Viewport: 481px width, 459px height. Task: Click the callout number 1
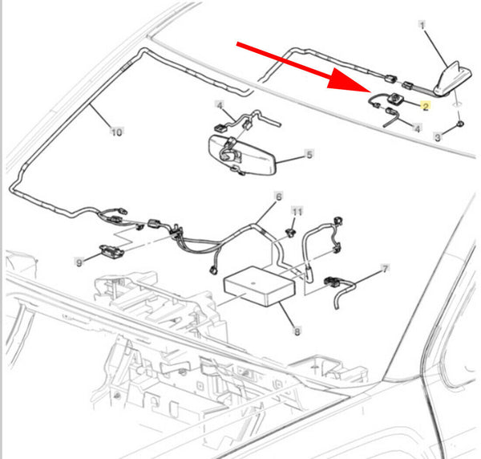tap(422, 25)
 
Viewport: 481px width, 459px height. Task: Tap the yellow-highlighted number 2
tap(426, 106)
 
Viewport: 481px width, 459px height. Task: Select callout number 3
tap(438, 137)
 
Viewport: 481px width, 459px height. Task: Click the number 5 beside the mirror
tap(309, 154)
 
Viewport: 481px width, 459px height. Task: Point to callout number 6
tap(278, 197)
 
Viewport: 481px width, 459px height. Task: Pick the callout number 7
tap(385, 269)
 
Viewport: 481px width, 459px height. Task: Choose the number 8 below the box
tap(297, 331)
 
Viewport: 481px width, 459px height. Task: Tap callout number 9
tap(79, 263)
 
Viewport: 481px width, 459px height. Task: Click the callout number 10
tap(116, 132)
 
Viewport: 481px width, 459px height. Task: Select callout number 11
tap(297, 212)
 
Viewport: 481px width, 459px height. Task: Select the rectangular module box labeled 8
tap(260, 286)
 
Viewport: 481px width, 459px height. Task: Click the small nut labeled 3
tap(460, 124)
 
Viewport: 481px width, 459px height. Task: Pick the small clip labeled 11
tap(290, 233)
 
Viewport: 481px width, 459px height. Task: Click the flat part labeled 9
tap(111, 251)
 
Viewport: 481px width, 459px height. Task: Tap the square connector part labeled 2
tap(395, 98)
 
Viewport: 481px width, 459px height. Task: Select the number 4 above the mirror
tap(220, 106)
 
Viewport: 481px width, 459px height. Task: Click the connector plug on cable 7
tap(331, 282)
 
